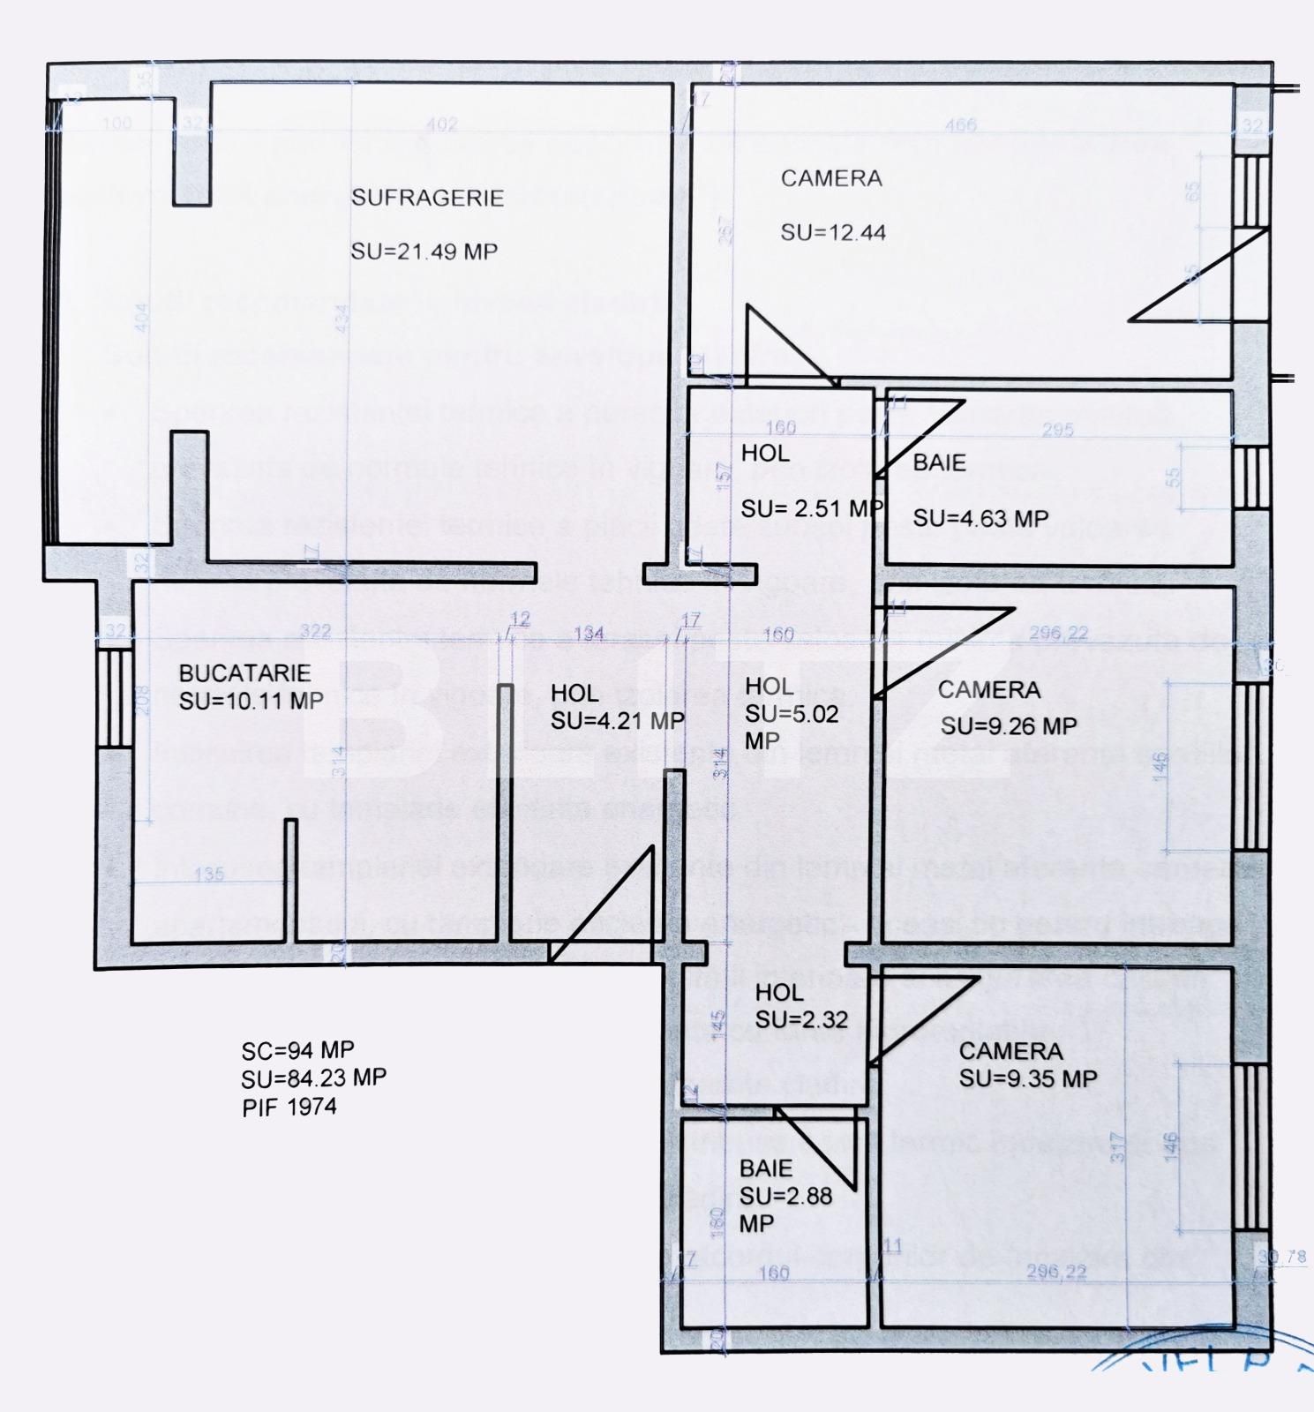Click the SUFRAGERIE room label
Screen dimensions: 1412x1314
coord(427,197)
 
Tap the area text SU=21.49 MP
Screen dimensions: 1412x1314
coord(424,252)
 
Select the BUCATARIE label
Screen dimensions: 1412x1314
coord(244,673)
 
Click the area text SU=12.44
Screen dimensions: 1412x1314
coord(833,233)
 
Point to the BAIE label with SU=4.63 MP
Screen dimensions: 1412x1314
coord(939,463)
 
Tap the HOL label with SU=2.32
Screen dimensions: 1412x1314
coord(779,993)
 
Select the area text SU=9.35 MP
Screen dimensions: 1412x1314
coord(1028,1078)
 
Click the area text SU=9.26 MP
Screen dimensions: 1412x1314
coord(1009,726)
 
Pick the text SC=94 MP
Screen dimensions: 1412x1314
coord(297,1050)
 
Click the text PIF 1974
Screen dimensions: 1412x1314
coord(289,1107)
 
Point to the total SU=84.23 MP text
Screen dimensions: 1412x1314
coord(313,1078)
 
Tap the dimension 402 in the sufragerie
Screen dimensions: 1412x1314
coord(441,124)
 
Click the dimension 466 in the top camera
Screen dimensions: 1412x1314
coord(960,124)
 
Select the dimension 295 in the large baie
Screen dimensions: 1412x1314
coord(1057,430)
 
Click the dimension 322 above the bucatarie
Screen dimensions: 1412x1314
coord(315,632)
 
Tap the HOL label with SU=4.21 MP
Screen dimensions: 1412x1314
coord(574,694)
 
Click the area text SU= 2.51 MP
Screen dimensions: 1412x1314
coord(812,509)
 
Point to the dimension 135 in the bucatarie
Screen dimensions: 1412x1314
coord(209,875)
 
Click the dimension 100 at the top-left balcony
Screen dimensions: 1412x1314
coord(117,123)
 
